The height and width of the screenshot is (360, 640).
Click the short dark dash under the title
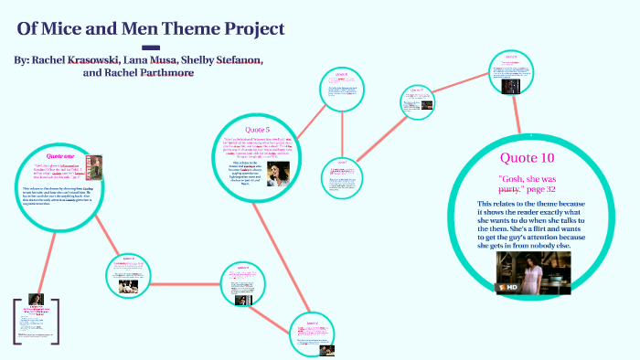tap(152, 47)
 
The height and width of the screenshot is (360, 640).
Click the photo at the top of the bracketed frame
tap(37, 301)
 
